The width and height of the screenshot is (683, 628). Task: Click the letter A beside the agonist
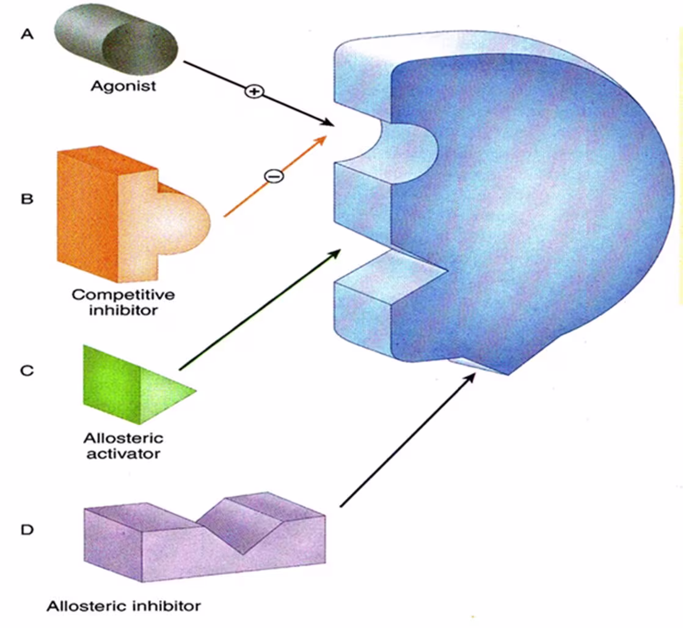[26, 34]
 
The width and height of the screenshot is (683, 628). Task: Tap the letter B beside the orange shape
[26, 199]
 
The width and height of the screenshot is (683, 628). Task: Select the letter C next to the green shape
[26, 370]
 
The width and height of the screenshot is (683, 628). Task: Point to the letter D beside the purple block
[26, 529]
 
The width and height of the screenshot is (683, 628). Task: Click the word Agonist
[123, 86]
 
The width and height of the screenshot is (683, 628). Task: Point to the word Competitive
[123, 294]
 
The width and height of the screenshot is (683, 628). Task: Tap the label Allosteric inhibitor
[123, 607]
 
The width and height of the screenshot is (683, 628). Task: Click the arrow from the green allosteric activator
[260, 309]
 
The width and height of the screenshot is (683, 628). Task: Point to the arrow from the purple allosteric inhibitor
[406, 440]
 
